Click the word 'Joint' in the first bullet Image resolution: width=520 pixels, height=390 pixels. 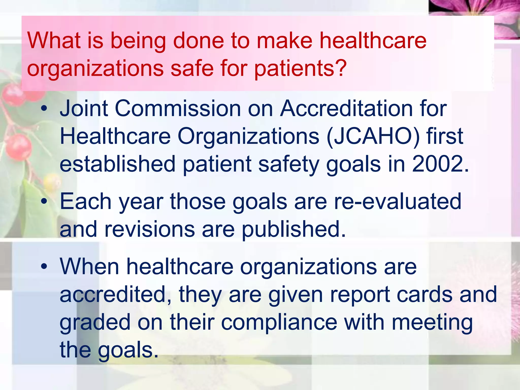tap(84, 108)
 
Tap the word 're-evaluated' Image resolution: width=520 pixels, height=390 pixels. tap(397, 201)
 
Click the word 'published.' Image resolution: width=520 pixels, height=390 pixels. tap(294, 229)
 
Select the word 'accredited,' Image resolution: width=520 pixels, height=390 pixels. tap(116, 295)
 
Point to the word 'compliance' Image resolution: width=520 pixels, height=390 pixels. tap(279, 322)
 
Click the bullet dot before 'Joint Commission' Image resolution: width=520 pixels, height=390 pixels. tap(44, 109)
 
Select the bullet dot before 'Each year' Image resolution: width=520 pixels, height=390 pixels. tap(44, 202)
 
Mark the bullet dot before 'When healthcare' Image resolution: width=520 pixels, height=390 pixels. tap(44, 267)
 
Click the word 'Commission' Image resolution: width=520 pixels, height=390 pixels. tap(178, 108)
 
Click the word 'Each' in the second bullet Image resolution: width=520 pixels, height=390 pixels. tap(86, 201)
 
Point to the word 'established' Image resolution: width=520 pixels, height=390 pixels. tap(118, 164)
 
